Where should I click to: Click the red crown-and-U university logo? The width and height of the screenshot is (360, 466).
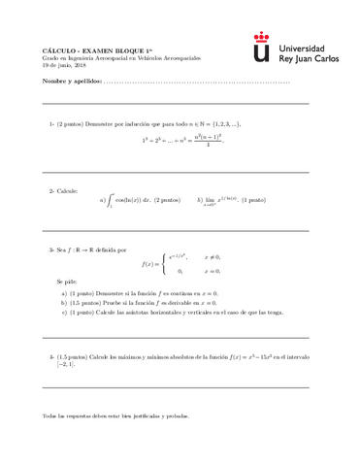[x=262, y=46]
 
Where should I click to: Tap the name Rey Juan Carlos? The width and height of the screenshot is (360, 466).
[x=311, y=58]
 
